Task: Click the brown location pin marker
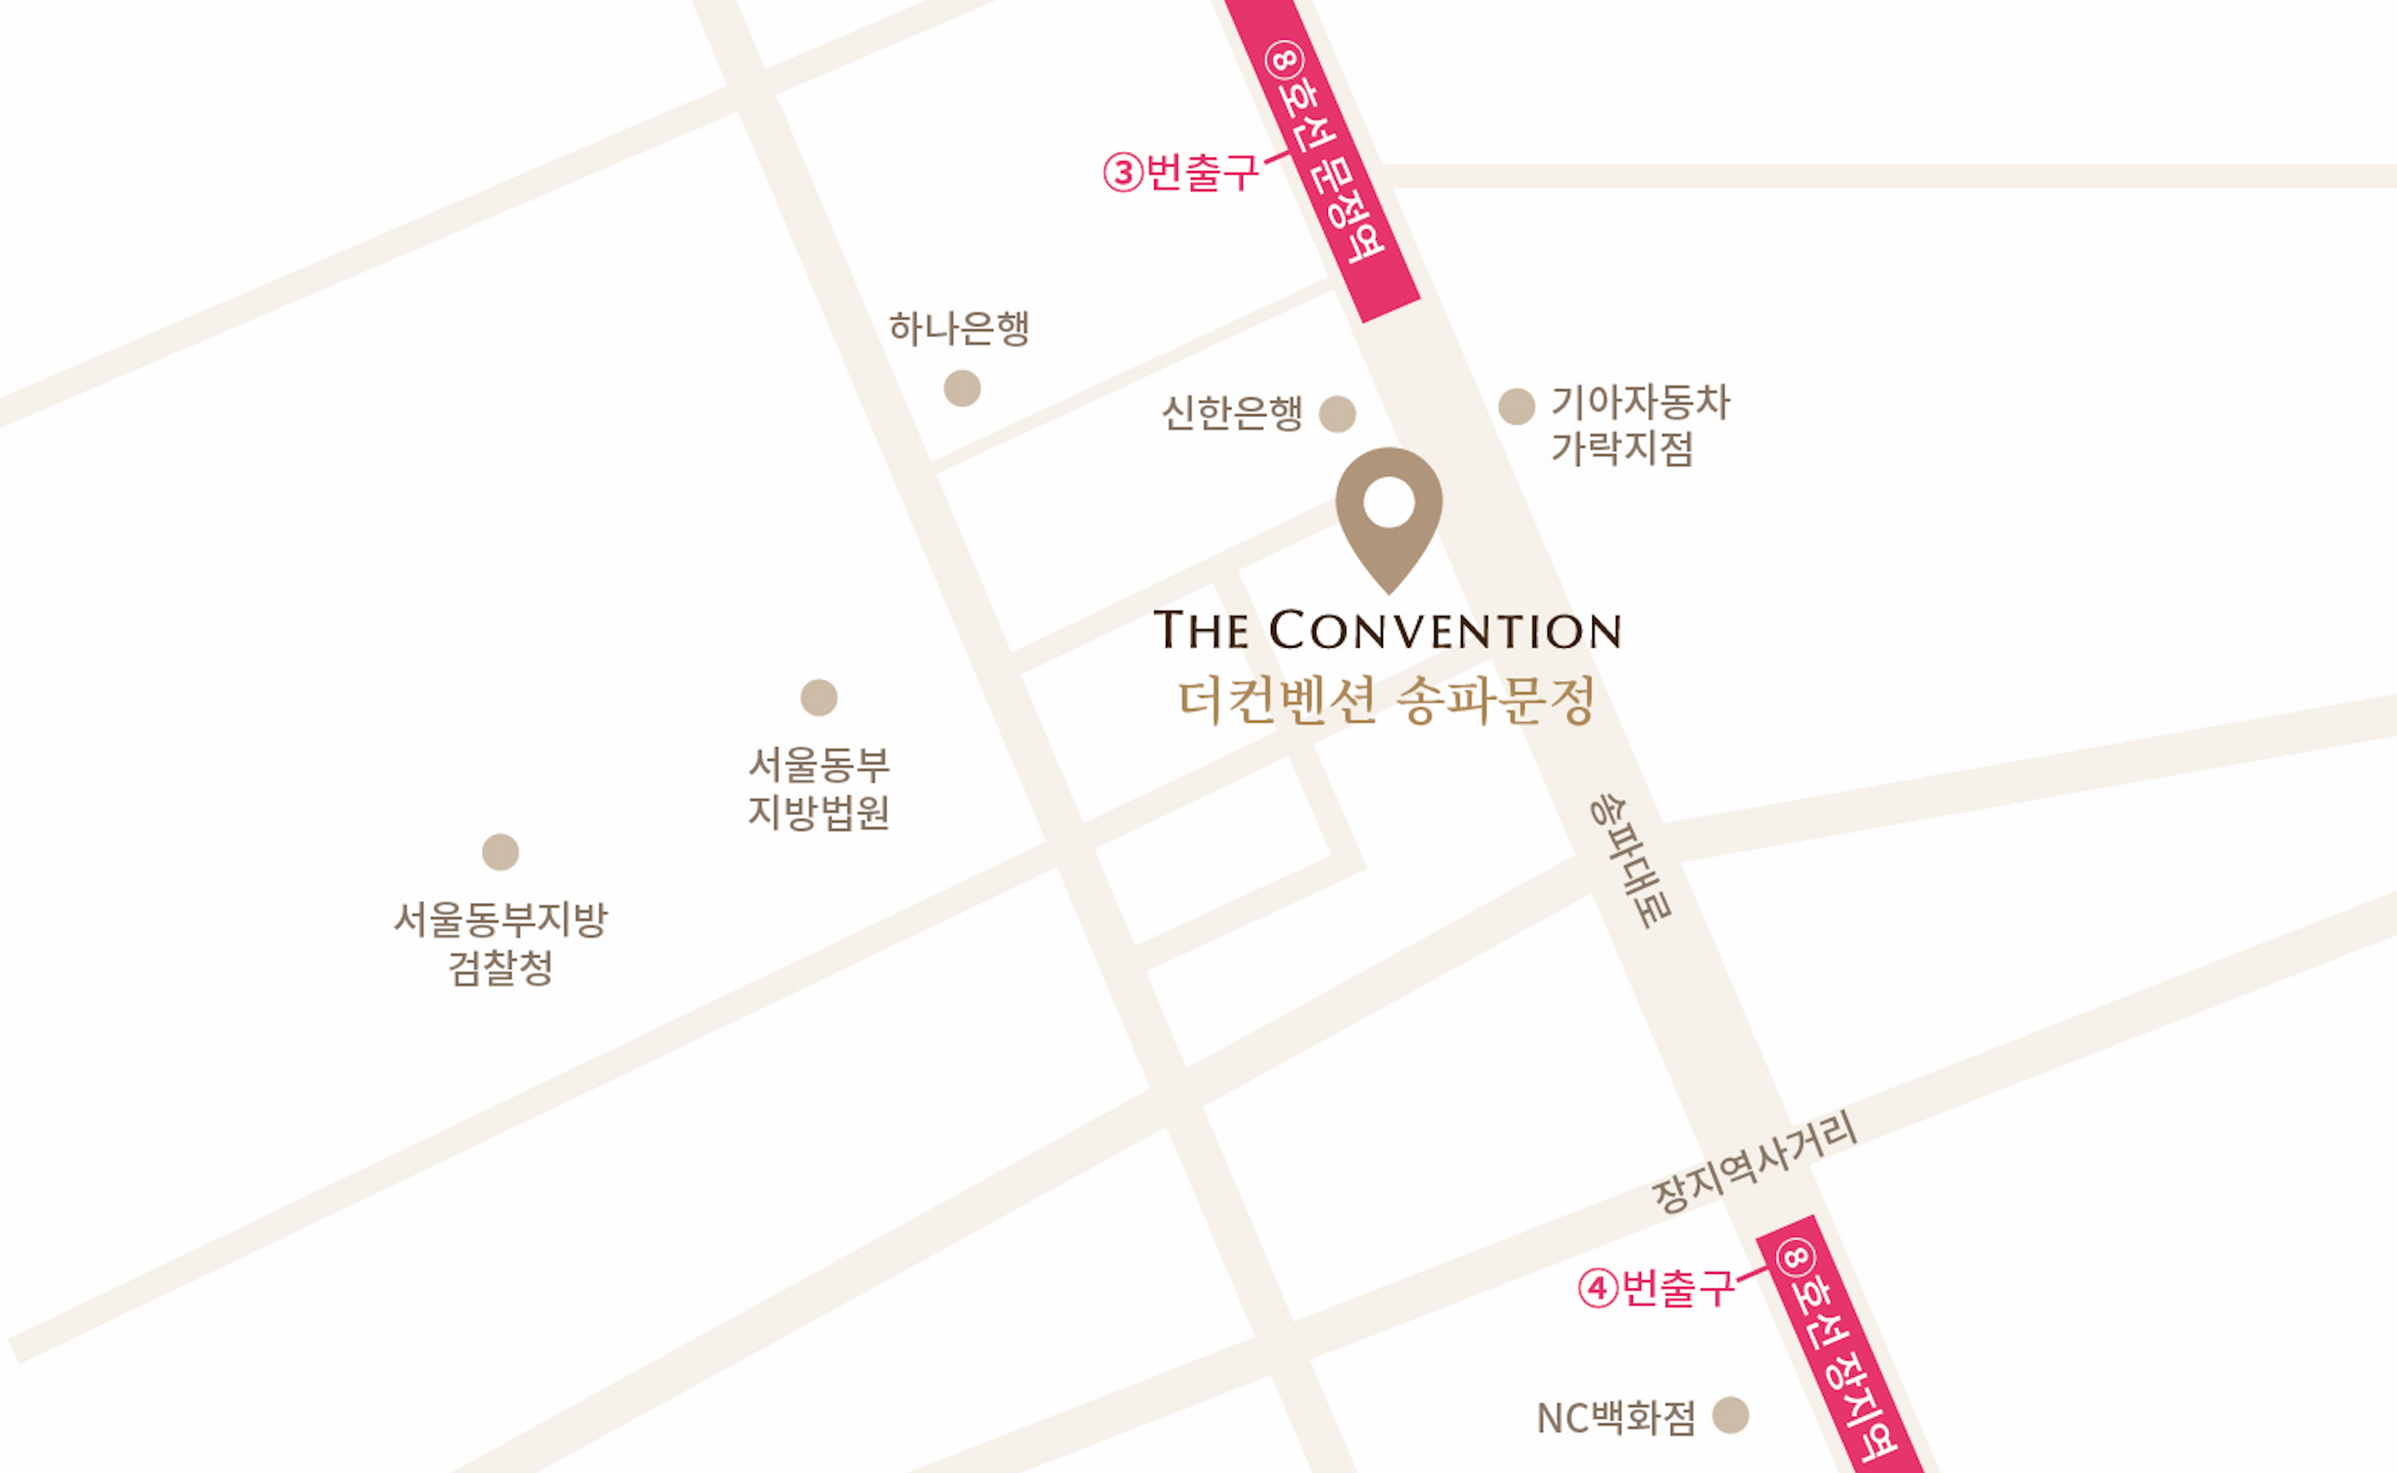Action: [x=1389, y=546]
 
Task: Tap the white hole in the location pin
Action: [x=1389, y=502]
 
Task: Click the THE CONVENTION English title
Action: [x=1388, y=631]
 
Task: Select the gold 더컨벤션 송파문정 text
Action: [x=1387, y=700]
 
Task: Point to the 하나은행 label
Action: [x=959, y=328]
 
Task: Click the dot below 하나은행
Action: [x=961, y=388]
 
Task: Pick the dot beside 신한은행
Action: [x=1337, y=414]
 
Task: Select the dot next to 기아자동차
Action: [x=1516, y=406]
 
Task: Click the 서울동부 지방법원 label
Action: [x=818, y=788]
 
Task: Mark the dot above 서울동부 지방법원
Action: [x=818, y=698]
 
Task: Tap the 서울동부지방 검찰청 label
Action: [x=501, y=943]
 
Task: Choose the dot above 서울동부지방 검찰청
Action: [x=500, y=852]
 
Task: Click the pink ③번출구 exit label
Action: [x=1181, y=173]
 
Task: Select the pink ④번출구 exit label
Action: [x=1657, y=1288]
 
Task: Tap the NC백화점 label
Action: [x=1616, y=1418]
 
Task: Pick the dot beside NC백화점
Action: [x=1731, y=1415]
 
